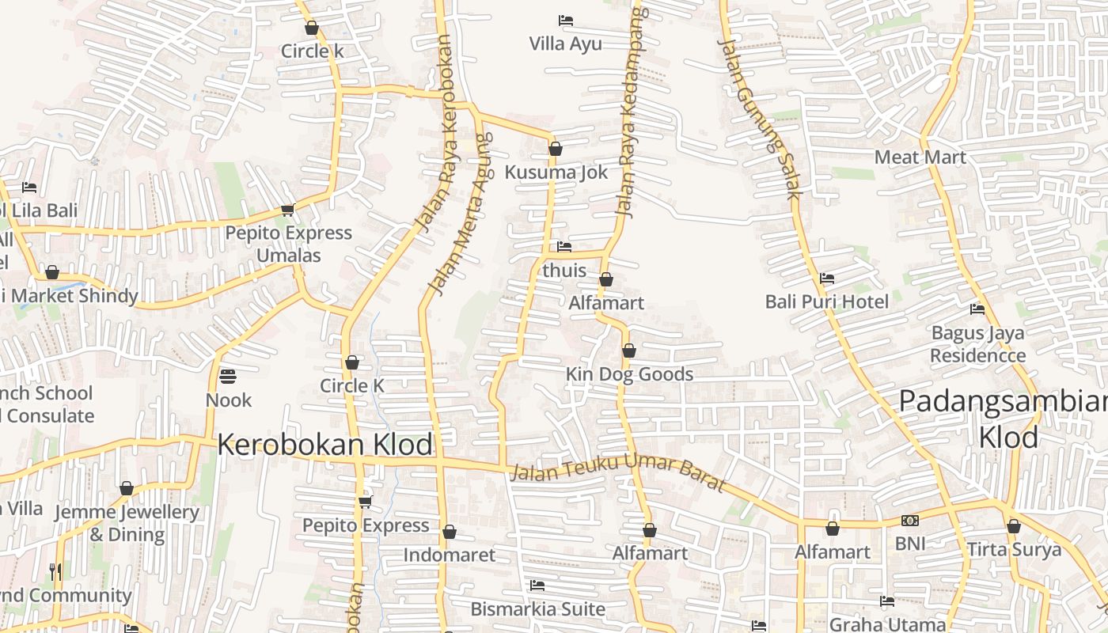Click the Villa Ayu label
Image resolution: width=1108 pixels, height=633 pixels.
click(565, 44)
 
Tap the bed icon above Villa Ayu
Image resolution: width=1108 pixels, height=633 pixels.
click(565, 21)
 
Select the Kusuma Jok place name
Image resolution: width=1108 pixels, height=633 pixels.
click(556, 172)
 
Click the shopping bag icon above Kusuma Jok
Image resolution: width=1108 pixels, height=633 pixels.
click(556, 149)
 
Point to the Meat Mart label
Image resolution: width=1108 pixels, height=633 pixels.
click(920, 157)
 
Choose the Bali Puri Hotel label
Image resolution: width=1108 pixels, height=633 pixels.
click(827, 301)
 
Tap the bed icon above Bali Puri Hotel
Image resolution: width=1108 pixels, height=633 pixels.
click(827, 279)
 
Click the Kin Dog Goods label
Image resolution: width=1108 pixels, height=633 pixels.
click(629, 374)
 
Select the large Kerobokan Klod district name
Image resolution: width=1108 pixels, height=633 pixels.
click(324, 445)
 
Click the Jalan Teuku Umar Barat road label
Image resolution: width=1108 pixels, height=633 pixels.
click(618, 472)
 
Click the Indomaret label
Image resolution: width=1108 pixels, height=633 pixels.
click(449, 555)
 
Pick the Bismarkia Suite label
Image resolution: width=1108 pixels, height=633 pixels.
click(537, 609)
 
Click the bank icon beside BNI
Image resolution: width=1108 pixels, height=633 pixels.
click(910, 521)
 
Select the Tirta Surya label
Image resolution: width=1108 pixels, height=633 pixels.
click(1014, 550)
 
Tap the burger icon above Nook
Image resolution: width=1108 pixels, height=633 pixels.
click(228, 376)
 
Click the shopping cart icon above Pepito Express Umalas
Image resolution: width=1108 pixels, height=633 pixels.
click(287, 210)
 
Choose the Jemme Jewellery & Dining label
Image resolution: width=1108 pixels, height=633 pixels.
click(127, 523)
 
